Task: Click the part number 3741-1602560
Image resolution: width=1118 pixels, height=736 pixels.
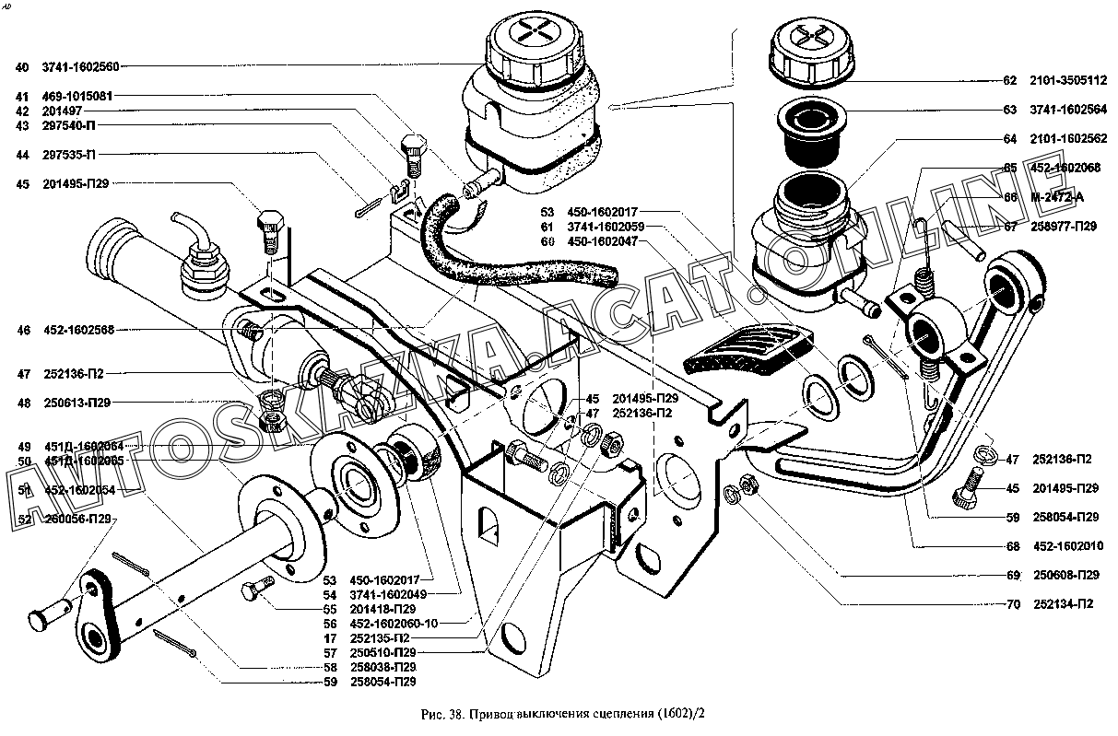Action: [81, 66]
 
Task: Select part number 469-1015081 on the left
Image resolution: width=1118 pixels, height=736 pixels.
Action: [77, 96]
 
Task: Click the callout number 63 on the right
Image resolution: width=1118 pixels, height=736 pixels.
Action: [1010, 111]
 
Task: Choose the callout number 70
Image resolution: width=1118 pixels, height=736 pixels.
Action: [1013, 604]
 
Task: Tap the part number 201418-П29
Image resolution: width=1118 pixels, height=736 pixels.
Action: [383, 609]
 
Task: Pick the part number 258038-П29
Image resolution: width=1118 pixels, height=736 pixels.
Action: [383, 667]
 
